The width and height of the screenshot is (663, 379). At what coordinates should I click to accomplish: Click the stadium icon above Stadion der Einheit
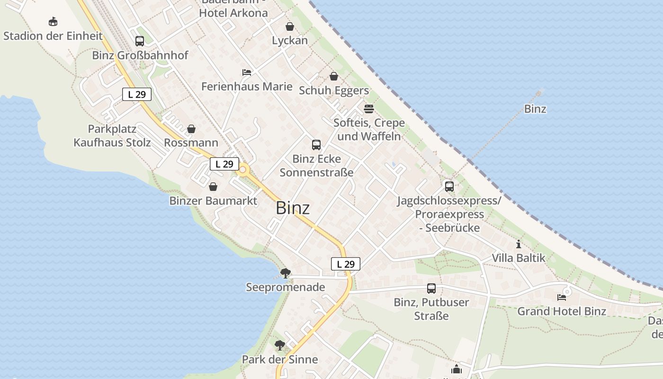point(53,22)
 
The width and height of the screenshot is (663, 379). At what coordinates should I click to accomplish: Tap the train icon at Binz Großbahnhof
point(139,41)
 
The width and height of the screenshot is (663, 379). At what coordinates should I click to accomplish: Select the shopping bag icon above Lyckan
point(289,27)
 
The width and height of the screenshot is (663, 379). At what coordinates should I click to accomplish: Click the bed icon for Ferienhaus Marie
point(247,72)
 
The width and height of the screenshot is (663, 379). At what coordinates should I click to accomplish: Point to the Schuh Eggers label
point(333,90)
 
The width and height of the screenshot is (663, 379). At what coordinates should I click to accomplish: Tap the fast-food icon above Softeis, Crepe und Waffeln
point(369,109)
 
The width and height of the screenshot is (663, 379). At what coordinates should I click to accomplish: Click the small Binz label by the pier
point(535,109)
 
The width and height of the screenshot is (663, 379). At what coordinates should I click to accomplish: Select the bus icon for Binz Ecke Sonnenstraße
point(316,145)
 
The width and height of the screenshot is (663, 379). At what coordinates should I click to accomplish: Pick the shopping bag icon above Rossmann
point(191,129)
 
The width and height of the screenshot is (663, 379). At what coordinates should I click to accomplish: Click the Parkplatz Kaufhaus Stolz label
point(112,135)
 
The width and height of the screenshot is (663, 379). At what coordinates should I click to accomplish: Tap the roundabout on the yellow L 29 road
point(243,170)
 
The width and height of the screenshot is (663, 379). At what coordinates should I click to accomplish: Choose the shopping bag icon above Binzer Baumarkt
point(213,187)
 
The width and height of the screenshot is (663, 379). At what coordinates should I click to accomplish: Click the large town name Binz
point(293,208)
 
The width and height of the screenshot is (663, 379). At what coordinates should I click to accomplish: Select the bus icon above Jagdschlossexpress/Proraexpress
point(449,187)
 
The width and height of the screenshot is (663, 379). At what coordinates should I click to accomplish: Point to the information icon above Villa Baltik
point(519,244)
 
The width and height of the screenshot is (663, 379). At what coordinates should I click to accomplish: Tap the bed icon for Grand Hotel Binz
point(562,298)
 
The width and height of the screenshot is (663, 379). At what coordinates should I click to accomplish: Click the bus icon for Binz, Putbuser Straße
point(431,289)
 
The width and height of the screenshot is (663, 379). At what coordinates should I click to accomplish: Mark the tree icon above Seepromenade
point(285,273)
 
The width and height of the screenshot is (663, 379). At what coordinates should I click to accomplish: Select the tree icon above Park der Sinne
point(280,345)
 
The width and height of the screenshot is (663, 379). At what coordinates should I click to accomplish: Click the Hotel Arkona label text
point(233,13)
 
